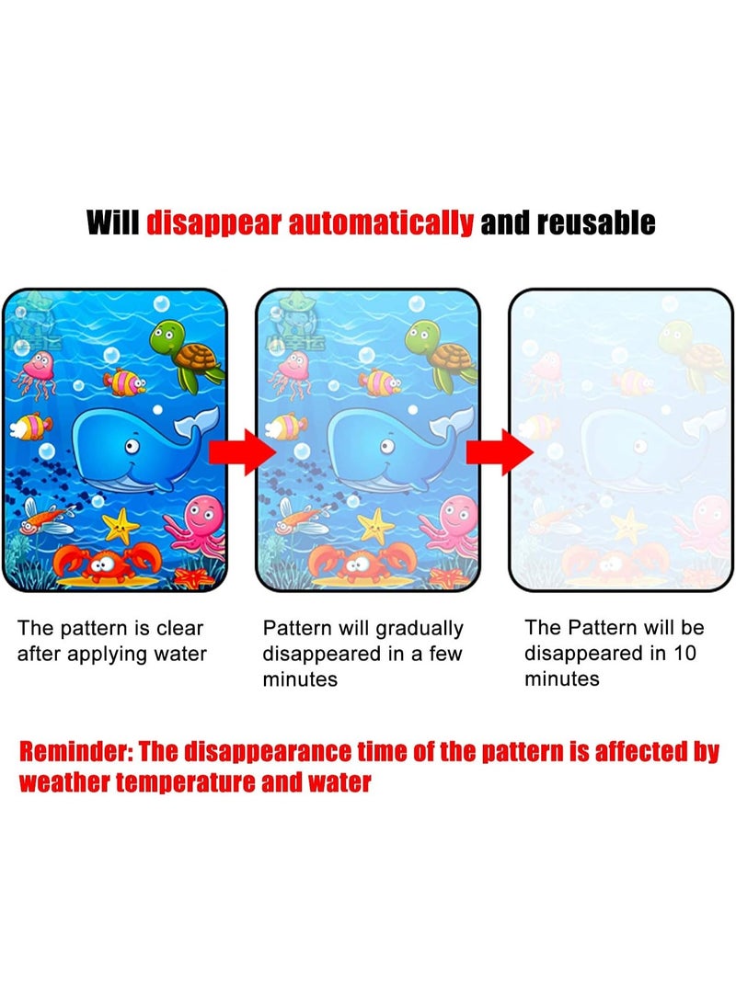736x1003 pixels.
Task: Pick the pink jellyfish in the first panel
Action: point(37,371)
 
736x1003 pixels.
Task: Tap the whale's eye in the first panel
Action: point(132,447)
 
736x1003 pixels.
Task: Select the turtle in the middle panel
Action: point(442,355)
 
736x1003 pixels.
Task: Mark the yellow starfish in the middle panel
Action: point(375,525)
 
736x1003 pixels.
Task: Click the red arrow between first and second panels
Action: point(242,452)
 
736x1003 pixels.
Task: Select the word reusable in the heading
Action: point(593,222)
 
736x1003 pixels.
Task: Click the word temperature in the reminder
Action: point(206,783)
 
